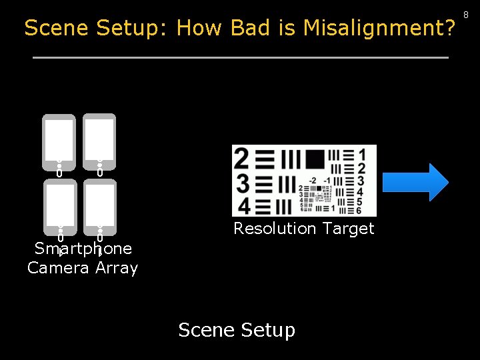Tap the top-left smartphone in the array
59,143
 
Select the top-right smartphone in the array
99,143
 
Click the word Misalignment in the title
379,28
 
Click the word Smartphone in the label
83,249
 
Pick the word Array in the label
117,268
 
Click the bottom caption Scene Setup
237,330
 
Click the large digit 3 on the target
243,183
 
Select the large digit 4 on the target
244,205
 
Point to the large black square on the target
315,158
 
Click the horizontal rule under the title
240,58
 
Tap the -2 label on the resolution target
312,181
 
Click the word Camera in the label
58,268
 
